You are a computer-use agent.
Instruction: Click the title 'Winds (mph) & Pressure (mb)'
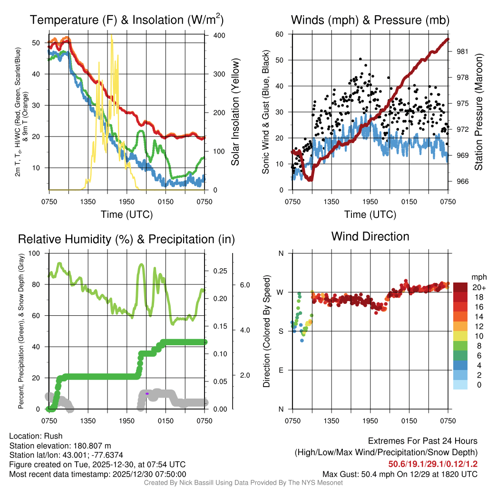pos(370,20)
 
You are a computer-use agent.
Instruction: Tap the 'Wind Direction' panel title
pos(370,236)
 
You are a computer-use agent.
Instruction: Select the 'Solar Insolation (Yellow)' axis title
pos(235,112)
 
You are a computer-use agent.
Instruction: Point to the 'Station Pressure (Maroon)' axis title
pos(478,112)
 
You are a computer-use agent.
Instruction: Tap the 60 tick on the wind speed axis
pos(280,34)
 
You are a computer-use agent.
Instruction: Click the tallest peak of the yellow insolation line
pos(112,36)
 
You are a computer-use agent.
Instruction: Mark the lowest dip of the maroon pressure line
pos(310,179)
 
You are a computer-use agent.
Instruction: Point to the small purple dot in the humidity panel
pos(147,394)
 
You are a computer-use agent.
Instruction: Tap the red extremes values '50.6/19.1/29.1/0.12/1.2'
pos(433,464)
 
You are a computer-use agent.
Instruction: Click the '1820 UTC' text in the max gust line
pos(459,474)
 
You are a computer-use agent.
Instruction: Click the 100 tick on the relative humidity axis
pos(39,253)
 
